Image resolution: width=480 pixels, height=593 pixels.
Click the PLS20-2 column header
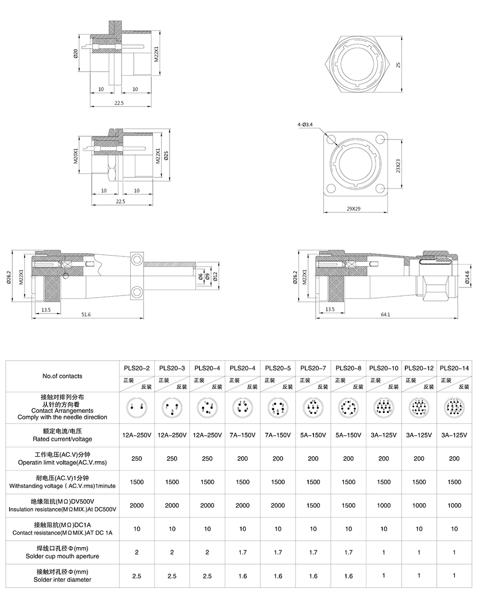[137, 368]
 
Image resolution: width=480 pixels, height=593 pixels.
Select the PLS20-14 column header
[454, 368]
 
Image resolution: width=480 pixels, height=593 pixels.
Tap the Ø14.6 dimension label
[467, 276]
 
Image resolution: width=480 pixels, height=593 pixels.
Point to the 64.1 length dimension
[386, 315]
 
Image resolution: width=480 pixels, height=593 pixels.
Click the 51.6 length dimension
[86, 315]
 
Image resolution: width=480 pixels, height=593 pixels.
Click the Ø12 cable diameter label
[215, 276]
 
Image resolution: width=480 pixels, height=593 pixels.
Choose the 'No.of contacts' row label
[62, 376]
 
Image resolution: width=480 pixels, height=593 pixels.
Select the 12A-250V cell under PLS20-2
[137, 435]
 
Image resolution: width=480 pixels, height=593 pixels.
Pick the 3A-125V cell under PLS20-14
[454, 435]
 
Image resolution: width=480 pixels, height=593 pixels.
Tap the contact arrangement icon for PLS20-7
[313, 409]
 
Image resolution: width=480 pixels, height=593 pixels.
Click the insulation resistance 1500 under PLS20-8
[348, 505]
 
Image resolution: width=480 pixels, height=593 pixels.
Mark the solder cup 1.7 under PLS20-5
[278, 552]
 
